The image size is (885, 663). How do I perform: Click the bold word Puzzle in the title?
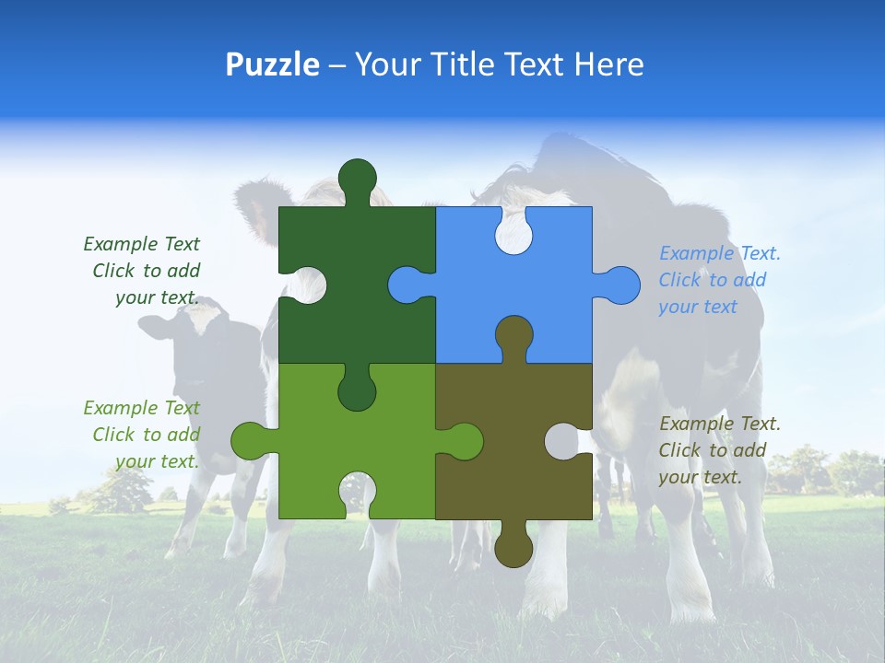272,64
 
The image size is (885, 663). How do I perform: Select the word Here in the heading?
608,64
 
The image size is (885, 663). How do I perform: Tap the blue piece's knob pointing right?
619,285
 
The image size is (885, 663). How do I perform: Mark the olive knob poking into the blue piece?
513,335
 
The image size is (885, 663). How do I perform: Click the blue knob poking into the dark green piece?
407,285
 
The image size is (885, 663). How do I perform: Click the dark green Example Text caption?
143,271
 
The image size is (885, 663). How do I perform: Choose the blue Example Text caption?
718,280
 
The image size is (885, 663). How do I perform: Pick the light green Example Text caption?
143,435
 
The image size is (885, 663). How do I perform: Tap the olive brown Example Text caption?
718,450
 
